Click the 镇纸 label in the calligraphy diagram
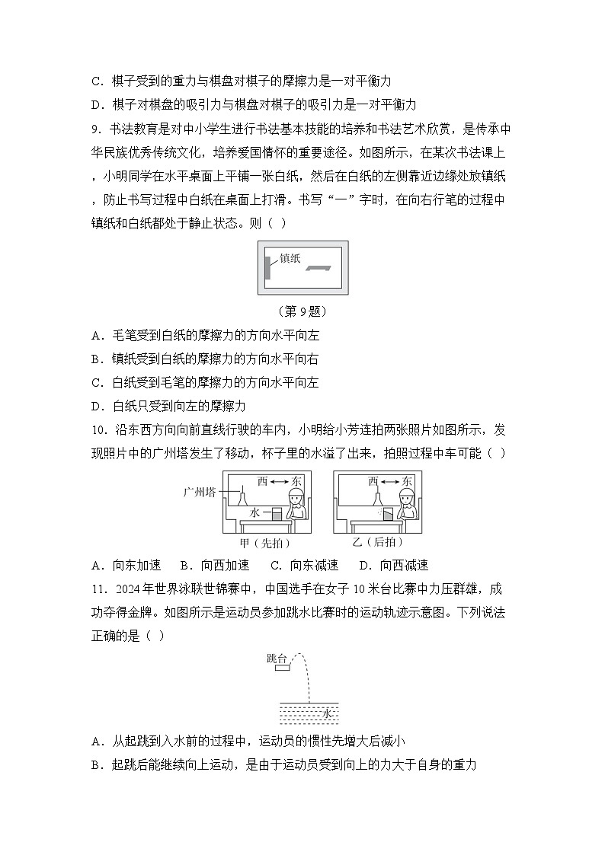(290, 258)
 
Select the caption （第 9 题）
(302, 311)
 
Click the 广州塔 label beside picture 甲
(201, 492)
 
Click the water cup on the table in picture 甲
(277, 515)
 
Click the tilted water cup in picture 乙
(388, 515)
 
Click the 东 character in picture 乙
(408, 481)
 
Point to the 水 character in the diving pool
(327, 713)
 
